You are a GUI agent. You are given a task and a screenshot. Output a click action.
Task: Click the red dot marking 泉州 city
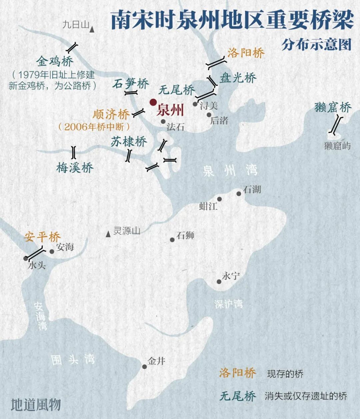pyautogui.click(x=153, y=102)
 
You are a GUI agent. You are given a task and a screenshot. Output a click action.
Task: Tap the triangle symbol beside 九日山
pyautogui.click(x=92, y=30)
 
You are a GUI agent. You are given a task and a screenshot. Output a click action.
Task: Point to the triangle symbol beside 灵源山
pyautogui.click(x=108, y=235)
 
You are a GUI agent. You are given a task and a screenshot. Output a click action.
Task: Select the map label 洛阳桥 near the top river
pyautogui.click(x=246, y=53)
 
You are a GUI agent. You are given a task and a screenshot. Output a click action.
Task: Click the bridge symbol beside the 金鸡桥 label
pyautogui.click(x=72, y=47)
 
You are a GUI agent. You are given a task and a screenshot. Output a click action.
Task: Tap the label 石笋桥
pyautogui.click(x=130, y=83)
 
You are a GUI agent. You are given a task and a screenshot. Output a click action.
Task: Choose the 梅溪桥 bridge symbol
pyautogui.click(x=74, y=152)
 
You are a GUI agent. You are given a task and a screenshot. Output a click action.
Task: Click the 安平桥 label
pyautogui.click(x=42, y=237)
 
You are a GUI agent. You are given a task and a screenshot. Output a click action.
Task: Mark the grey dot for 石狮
pyautogui.click(x=172, y=240)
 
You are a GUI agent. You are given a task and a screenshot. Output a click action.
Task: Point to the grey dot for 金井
pyautogui.click(x=144, y=367)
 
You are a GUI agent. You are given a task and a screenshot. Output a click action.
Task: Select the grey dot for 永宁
pyautogui.click(x=219, y=282)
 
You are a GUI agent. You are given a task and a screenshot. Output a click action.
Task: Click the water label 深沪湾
pyautogui.click(x=228, y=304)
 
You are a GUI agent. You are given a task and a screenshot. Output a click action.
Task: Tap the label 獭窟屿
pyautogui.click(x=337, y=146)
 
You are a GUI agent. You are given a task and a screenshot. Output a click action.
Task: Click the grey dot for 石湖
pyautogui.click(x=239, y=194)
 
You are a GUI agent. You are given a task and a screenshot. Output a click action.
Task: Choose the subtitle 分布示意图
pyautogui.click(x=316, y=44)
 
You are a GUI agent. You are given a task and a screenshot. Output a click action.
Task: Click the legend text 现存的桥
pyautogui.click(x=285, y=374)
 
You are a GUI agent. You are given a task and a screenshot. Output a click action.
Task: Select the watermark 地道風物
pyautogui.click(x=36, y=405)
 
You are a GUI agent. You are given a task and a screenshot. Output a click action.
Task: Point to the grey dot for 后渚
pyautogui.click(x=209, y=115)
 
